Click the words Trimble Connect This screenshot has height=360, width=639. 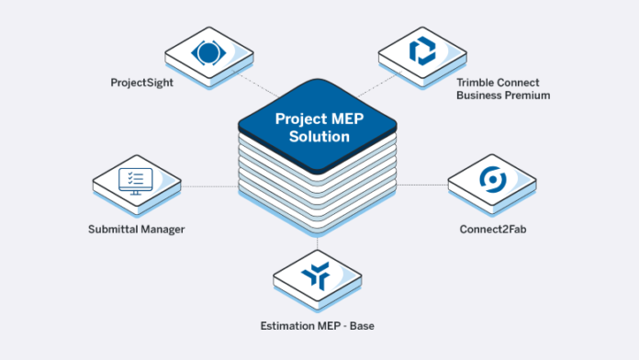click(503, 82)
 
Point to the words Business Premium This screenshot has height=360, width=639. click(503, 95)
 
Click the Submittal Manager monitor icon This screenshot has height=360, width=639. click(134, 178)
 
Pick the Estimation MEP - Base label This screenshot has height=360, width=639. click(318, 325)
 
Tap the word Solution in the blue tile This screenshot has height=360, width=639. click(317, 137)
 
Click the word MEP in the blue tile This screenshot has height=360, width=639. click(345, 118)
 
